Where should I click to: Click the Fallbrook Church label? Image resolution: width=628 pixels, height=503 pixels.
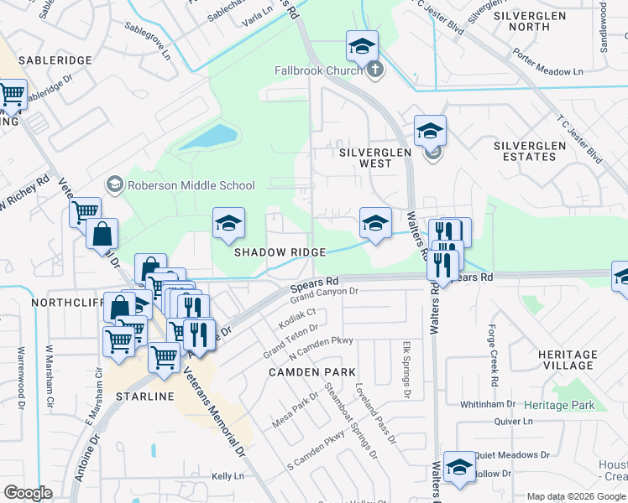[317, 70]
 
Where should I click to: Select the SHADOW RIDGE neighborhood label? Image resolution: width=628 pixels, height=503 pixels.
[280, 252]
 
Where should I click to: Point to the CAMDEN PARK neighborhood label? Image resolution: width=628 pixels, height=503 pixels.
[311, 371]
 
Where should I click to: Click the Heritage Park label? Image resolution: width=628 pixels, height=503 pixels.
[559, 405]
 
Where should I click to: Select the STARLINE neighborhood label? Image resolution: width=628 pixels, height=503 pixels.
[144, 396]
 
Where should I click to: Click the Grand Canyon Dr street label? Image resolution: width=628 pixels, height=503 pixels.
[324, 293]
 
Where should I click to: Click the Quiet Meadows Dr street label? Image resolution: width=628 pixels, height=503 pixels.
[511, 455]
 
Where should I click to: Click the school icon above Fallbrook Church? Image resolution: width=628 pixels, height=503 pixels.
[362, 46]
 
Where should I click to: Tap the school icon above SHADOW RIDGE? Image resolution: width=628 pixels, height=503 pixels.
[228, 224]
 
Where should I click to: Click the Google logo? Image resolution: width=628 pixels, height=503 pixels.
[28, 492]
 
